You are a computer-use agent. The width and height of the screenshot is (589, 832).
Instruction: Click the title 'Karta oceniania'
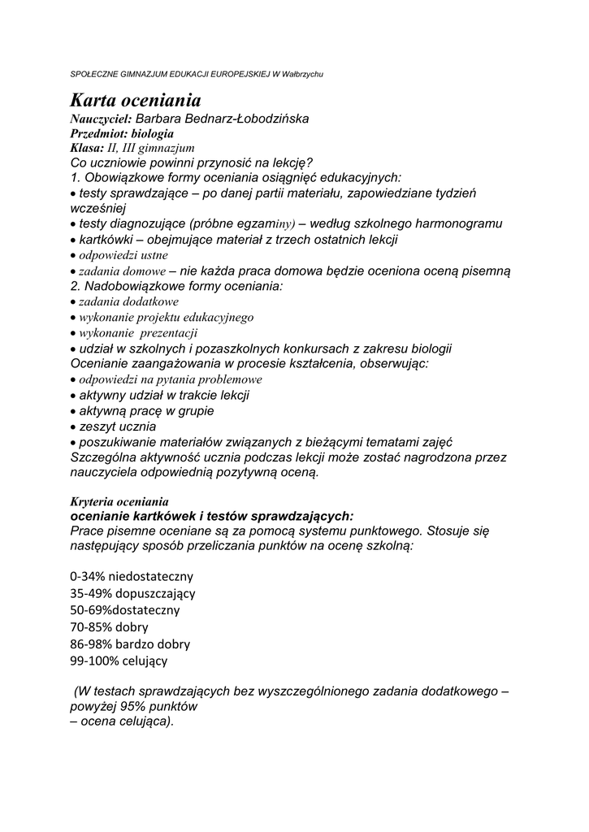coord(135,101)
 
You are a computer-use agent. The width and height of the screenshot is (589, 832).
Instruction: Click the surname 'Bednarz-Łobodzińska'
coord(253,119)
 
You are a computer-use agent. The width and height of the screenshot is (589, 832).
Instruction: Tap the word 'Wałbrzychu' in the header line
coord(301,74)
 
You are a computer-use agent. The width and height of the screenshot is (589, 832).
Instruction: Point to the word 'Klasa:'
coord(87,148)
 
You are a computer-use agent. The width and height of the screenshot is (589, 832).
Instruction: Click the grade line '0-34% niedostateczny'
coord(132,576)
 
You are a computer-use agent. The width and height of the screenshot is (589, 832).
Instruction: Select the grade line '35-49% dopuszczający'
coord(132,593)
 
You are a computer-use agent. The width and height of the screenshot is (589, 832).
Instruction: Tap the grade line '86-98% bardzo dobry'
coord(130,643)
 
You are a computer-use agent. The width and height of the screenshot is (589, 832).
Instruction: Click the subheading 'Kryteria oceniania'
coord(119,500)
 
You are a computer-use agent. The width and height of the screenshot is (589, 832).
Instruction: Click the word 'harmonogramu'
coord(458,223)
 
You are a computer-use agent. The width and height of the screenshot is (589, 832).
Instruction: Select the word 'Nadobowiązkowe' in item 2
coord(134,286)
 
